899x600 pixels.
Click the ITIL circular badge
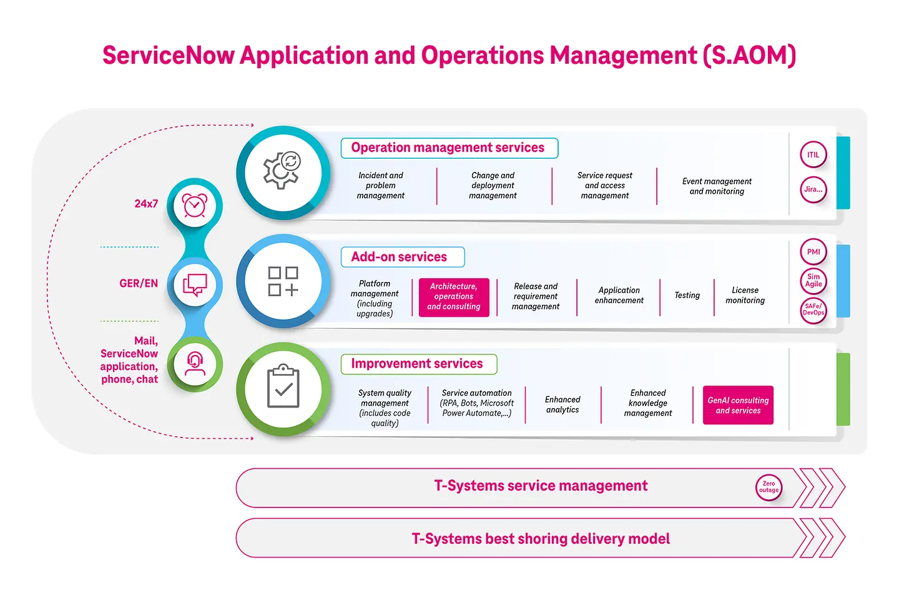(813, 155)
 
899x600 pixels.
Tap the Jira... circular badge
(813, 189)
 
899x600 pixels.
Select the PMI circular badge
(813, 252)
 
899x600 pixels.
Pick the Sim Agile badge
(813, 281)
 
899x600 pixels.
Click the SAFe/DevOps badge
(813, 309)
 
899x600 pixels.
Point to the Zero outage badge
(769, 487)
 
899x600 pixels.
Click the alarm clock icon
(195, 205)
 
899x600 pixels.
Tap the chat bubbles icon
(195, 285)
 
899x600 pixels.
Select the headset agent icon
(195, 364)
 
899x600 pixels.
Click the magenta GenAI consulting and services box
(738, 406)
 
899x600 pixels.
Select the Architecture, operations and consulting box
(454, 297)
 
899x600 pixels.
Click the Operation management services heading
(448, 148)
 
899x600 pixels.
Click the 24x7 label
(146, 204)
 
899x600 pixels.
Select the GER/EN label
(139, 284)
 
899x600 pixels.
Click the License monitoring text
(745, 296)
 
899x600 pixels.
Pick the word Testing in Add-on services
(687, 296)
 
